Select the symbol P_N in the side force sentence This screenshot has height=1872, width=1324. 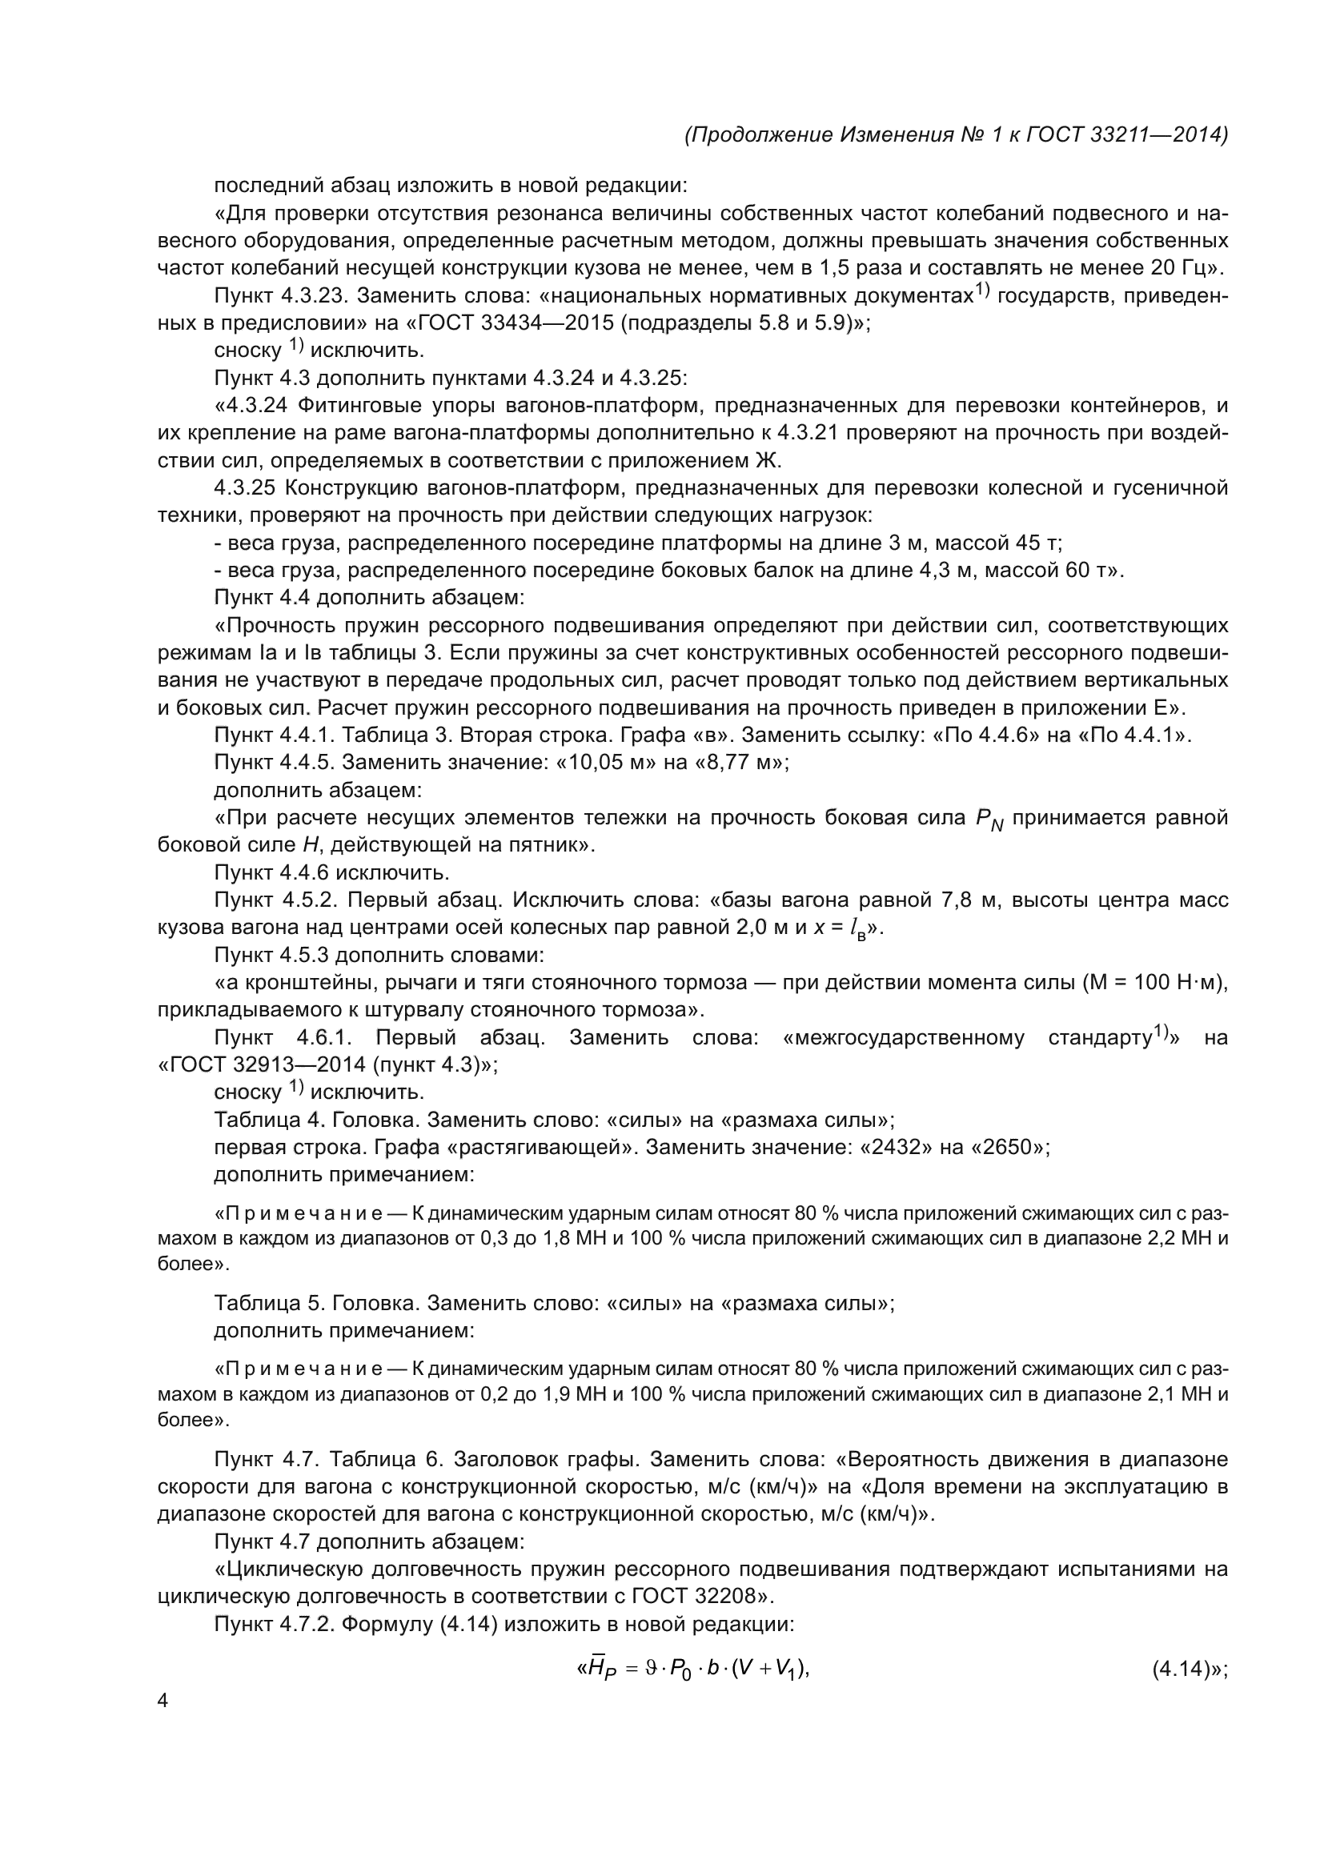pos(988,820)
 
